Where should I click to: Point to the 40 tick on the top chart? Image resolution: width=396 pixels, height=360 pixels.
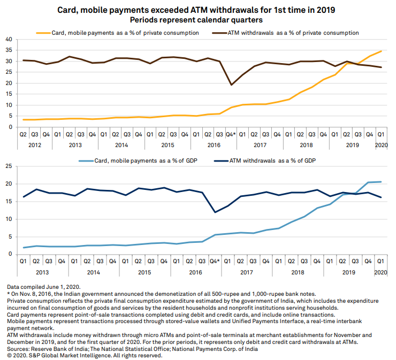9,40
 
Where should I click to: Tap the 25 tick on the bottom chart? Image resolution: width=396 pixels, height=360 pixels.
9,167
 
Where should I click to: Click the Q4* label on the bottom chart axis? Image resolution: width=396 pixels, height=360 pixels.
214,262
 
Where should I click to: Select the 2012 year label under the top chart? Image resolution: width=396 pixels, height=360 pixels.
35,145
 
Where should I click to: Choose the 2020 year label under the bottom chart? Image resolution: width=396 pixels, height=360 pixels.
380,272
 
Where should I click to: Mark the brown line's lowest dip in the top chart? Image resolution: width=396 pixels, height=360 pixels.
231,85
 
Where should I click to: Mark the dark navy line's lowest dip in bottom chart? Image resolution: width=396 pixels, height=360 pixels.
214,212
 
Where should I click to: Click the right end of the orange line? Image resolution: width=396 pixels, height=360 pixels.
381,51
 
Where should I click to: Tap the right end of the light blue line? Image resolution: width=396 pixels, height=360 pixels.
381,182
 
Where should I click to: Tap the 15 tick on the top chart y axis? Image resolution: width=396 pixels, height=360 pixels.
9,94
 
